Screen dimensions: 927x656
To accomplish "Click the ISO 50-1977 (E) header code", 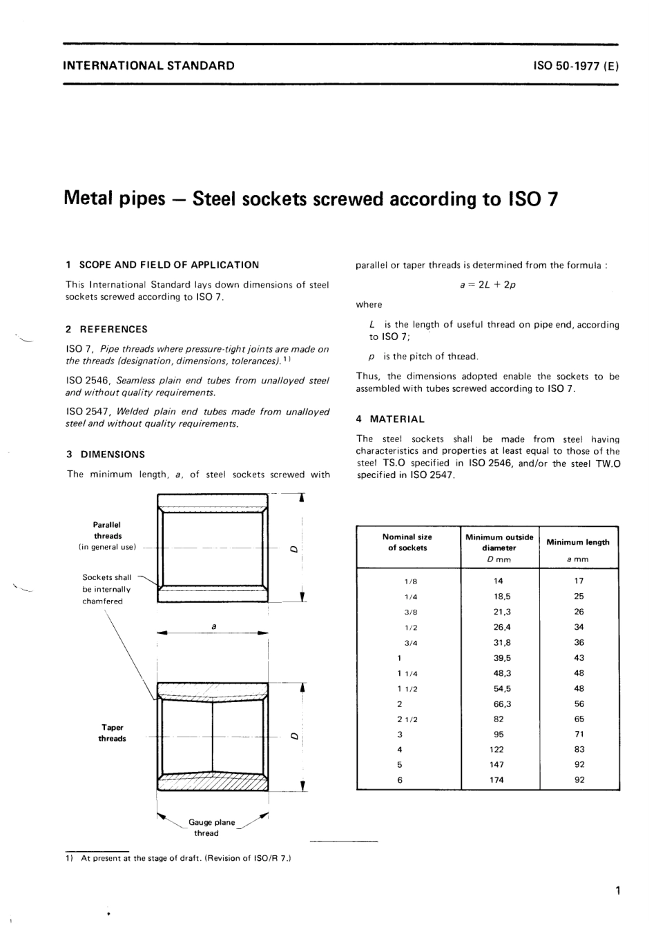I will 576,66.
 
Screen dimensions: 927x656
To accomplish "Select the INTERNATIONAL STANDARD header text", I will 148,66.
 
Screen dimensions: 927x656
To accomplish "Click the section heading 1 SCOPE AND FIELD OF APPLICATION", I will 162,265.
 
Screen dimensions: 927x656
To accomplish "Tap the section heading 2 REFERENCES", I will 107,330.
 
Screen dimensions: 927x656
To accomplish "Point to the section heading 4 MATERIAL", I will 391,419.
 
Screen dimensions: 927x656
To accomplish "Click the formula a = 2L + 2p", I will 488,285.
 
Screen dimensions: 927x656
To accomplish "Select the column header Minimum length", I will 578,542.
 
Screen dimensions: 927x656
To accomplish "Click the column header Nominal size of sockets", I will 407,542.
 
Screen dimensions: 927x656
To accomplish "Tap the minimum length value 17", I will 579,581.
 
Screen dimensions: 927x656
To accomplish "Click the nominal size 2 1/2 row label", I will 407,719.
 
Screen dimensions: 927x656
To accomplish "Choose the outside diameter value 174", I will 497,780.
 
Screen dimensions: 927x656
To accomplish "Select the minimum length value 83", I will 579,750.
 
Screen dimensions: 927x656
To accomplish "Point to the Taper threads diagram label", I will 112,732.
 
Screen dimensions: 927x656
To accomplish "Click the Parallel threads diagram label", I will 108,530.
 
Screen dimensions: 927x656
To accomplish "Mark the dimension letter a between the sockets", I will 213,626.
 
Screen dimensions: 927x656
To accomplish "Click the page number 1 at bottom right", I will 617,890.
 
